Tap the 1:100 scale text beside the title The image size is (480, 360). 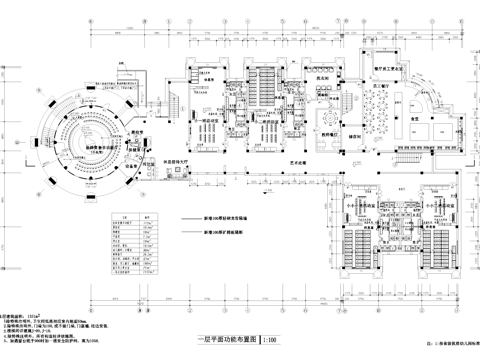(270, 340)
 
